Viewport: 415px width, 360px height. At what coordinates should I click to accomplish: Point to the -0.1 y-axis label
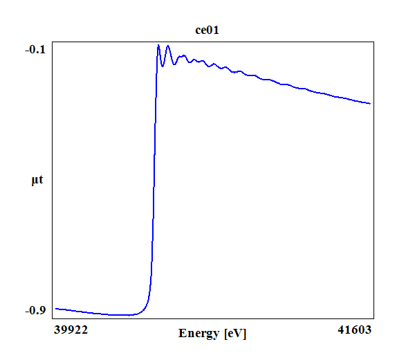point(35,49)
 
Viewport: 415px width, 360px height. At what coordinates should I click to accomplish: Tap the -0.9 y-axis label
point(35,310)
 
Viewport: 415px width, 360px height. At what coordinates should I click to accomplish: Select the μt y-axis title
point(37,181)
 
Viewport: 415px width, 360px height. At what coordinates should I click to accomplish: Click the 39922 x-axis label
point(71,330)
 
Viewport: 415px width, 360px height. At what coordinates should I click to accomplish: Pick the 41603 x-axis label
point(355,330)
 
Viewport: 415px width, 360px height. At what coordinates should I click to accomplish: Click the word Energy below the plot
point(199,333)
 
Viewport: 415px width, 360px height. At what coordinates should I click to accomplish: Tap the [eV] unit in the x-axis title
point(236,333)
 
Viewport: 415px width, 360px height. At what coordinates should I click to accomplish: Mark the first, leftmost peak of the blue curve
point(158,45)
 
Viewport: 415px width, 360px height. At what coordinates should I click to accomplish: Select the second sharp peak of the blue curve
point(167,46)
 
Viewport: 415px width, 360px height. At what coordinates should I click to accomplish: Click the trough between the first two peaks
point(163,66)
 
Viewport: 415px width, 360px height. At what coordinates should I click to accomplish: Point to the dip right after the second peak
point(172,64)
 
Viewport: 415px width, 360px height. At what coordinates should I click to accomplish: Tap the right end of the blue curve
point(371,104)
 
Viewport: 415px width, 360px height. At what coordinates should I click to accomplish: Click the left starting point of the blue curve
point(55,308)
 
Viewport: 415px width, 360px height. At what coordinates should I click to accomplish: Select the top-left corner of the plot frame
point(54,42)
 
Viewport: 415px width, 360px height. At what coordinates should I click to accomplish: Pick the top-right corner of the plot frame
point(374,42)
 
